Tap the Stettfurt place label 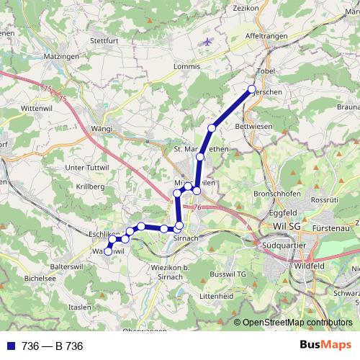click(x=103, y=41)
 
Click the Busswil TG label click(x=225, y=275)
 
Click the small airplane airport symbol click(x=208, y=41)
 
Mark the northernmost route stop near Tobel click(x=251, y=89)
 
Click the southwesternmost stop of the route click(x=108, y=252)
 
